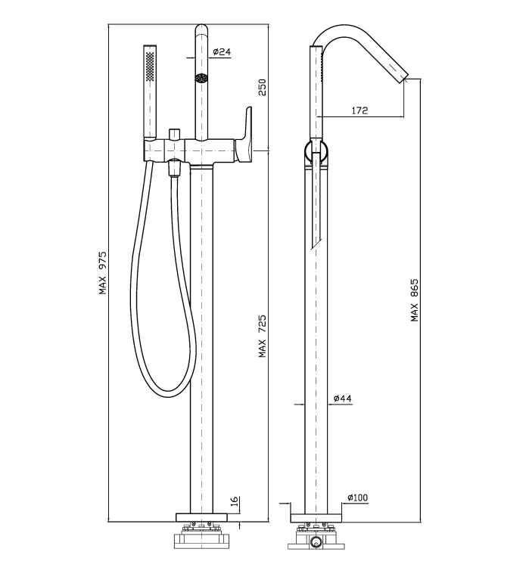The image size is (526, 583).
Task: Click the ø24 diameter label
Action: pyautogui.click(x=222, y=51)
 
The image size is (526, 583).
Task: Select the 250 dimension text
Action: pyautogui.click(x=263, y=87)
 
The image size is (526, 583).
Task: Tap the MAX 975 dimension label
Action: pyautogui.click(x=102, y=273)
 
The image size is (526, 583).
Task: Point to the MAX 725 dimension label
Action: pyautogui.click(x=263, y=336)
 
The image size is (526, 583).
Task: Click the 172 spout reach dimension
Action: pyautogui.click(x=359, y=110)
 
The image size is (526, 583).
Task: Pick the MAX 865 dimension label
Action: pyautogui.click(x=415, y=300)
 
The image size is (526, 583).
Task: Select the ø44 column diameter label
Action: pyautogui.click(x=343, y=398)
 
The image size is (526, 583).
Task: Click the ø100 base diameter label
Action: pyautogui.click(x=357, y=498)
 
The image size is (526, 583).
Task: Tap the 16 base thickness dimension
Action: pyautogui.click(x=235, y=501)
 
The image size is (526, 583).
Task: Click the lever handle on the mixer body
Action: pyautogui.click(x=244, y=136)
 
